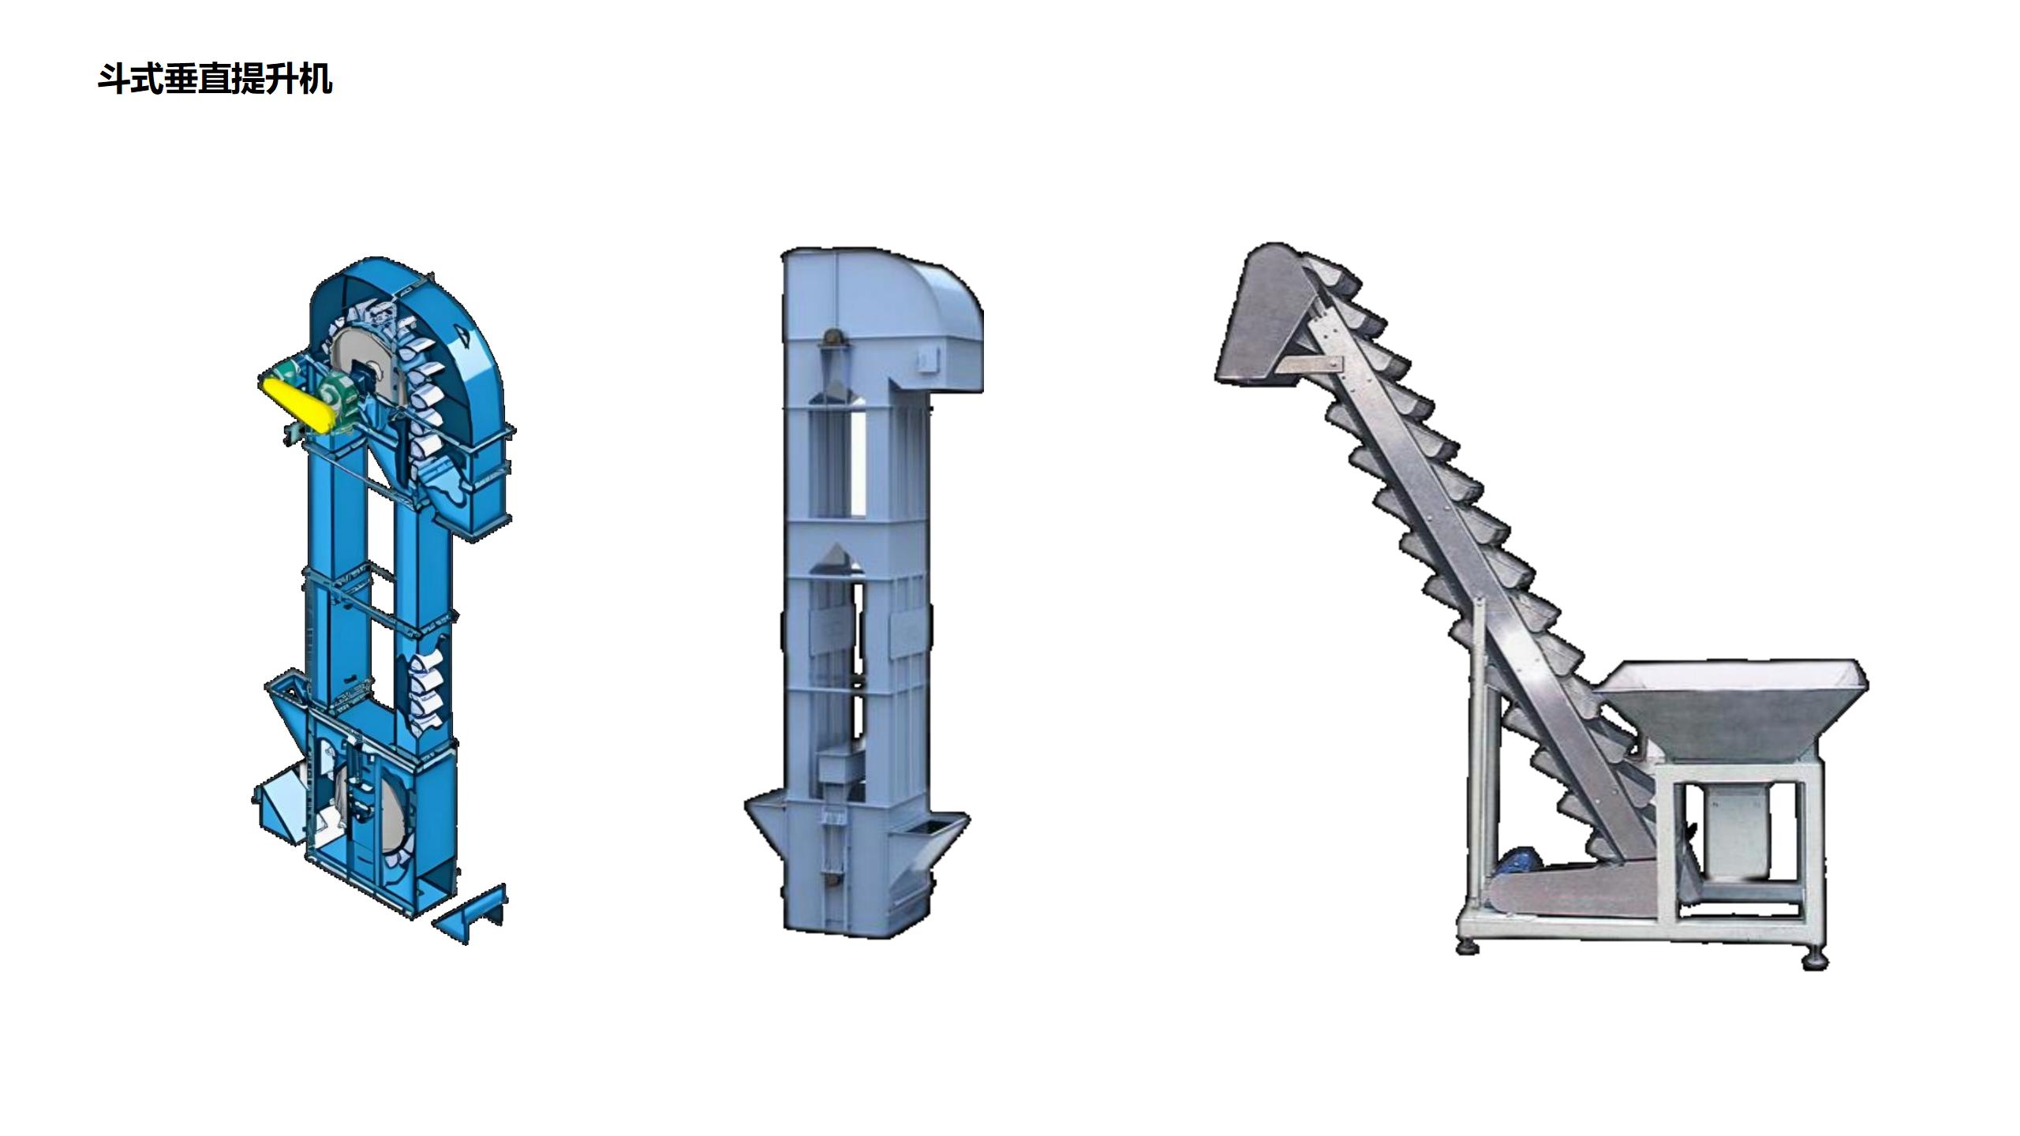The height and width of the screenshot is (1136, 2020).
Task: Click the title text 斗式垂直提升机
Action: coord(215,80)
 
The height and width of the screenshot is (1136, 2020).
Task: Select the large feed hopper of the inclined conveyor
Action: coord(1736,710)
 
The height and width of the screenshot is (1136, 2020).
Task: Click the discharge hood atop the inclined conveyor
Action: coord(1262,323)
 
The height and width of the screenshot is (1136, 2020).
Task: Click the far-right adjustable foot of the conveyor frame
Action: coord(1815,961)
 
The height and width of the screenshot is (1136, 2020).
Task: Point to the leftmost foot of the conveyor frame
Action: coord(1468,946)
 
